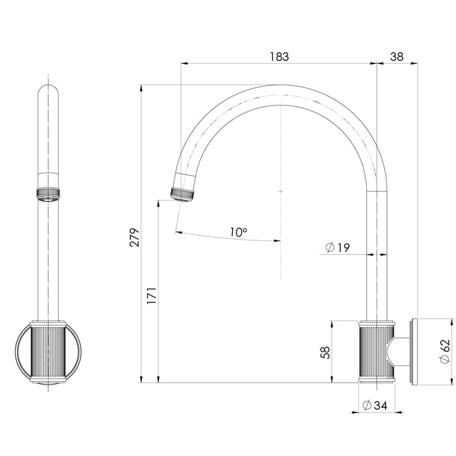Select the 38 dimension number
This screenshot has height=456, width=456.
(x=397, y=57)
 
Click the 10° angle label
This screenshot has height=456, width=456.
(x=238, y=231)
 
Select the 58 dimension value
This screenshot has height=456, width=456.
(x=326, y=352)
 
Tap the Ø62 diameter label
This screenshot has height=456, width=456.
(x=445, y=352)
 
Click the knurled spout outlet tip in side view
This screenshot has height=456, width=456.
(x=182, y=193)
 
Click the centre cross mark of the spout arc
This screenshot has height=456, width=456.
(x=279, y=191)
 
